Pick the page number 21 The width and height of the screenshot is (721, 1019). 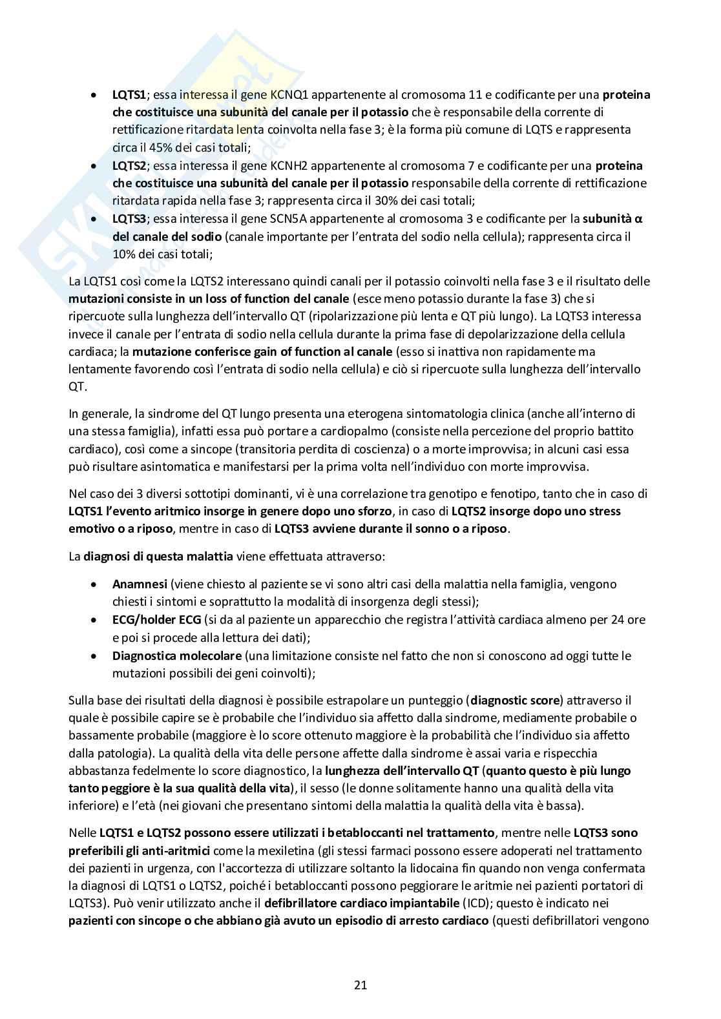(x=360, y=985)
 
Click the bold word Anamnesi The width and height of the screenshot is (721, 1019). (x=140, y=584)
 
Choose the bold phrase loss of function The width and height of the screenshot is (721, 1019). (x=278, y=300)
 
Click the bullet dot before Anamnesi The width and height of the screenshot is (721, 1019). (x=95, y=584)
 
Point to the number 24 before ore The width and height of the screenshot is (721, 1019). (x=616, y=620)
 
